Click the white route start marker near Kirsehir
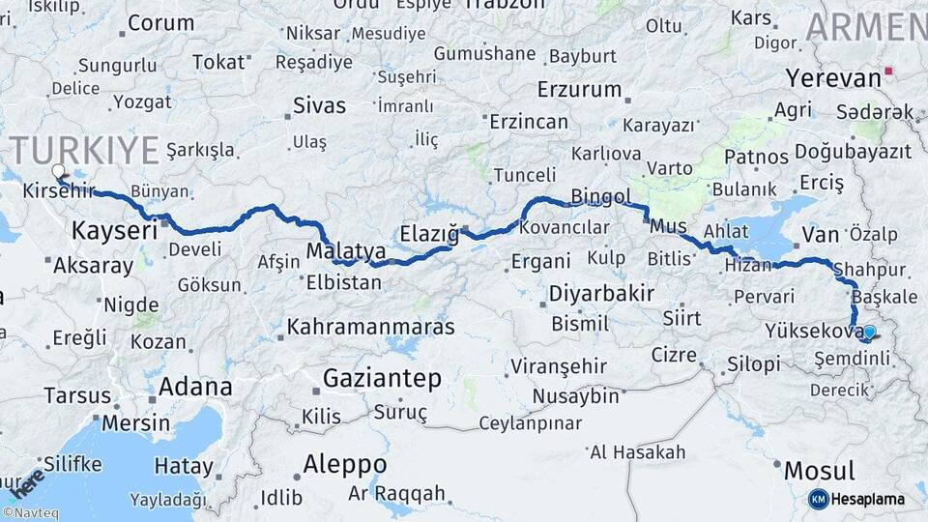(x=58, y=171)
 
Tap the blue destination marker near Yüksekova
(x=868, y=333)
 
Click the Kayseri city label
(x=114, y=231)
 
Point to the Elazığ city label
(x=429, y=232)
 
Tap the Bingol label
(x=600, y=197)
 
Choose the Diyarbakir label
(x=601, y=293)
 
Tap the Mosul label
(x=819, y=472)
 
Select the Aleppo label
(x=344, y=465)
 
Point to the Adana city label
(x=194, y=388)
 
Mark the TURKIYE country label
(x=85, y=152)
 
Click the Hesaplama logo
(x=858, y=499)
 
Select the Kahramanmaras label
(x=370, y=327)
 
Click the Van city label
(x=820, y=235)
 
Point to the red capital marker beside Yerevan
(x=889, y=71)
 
